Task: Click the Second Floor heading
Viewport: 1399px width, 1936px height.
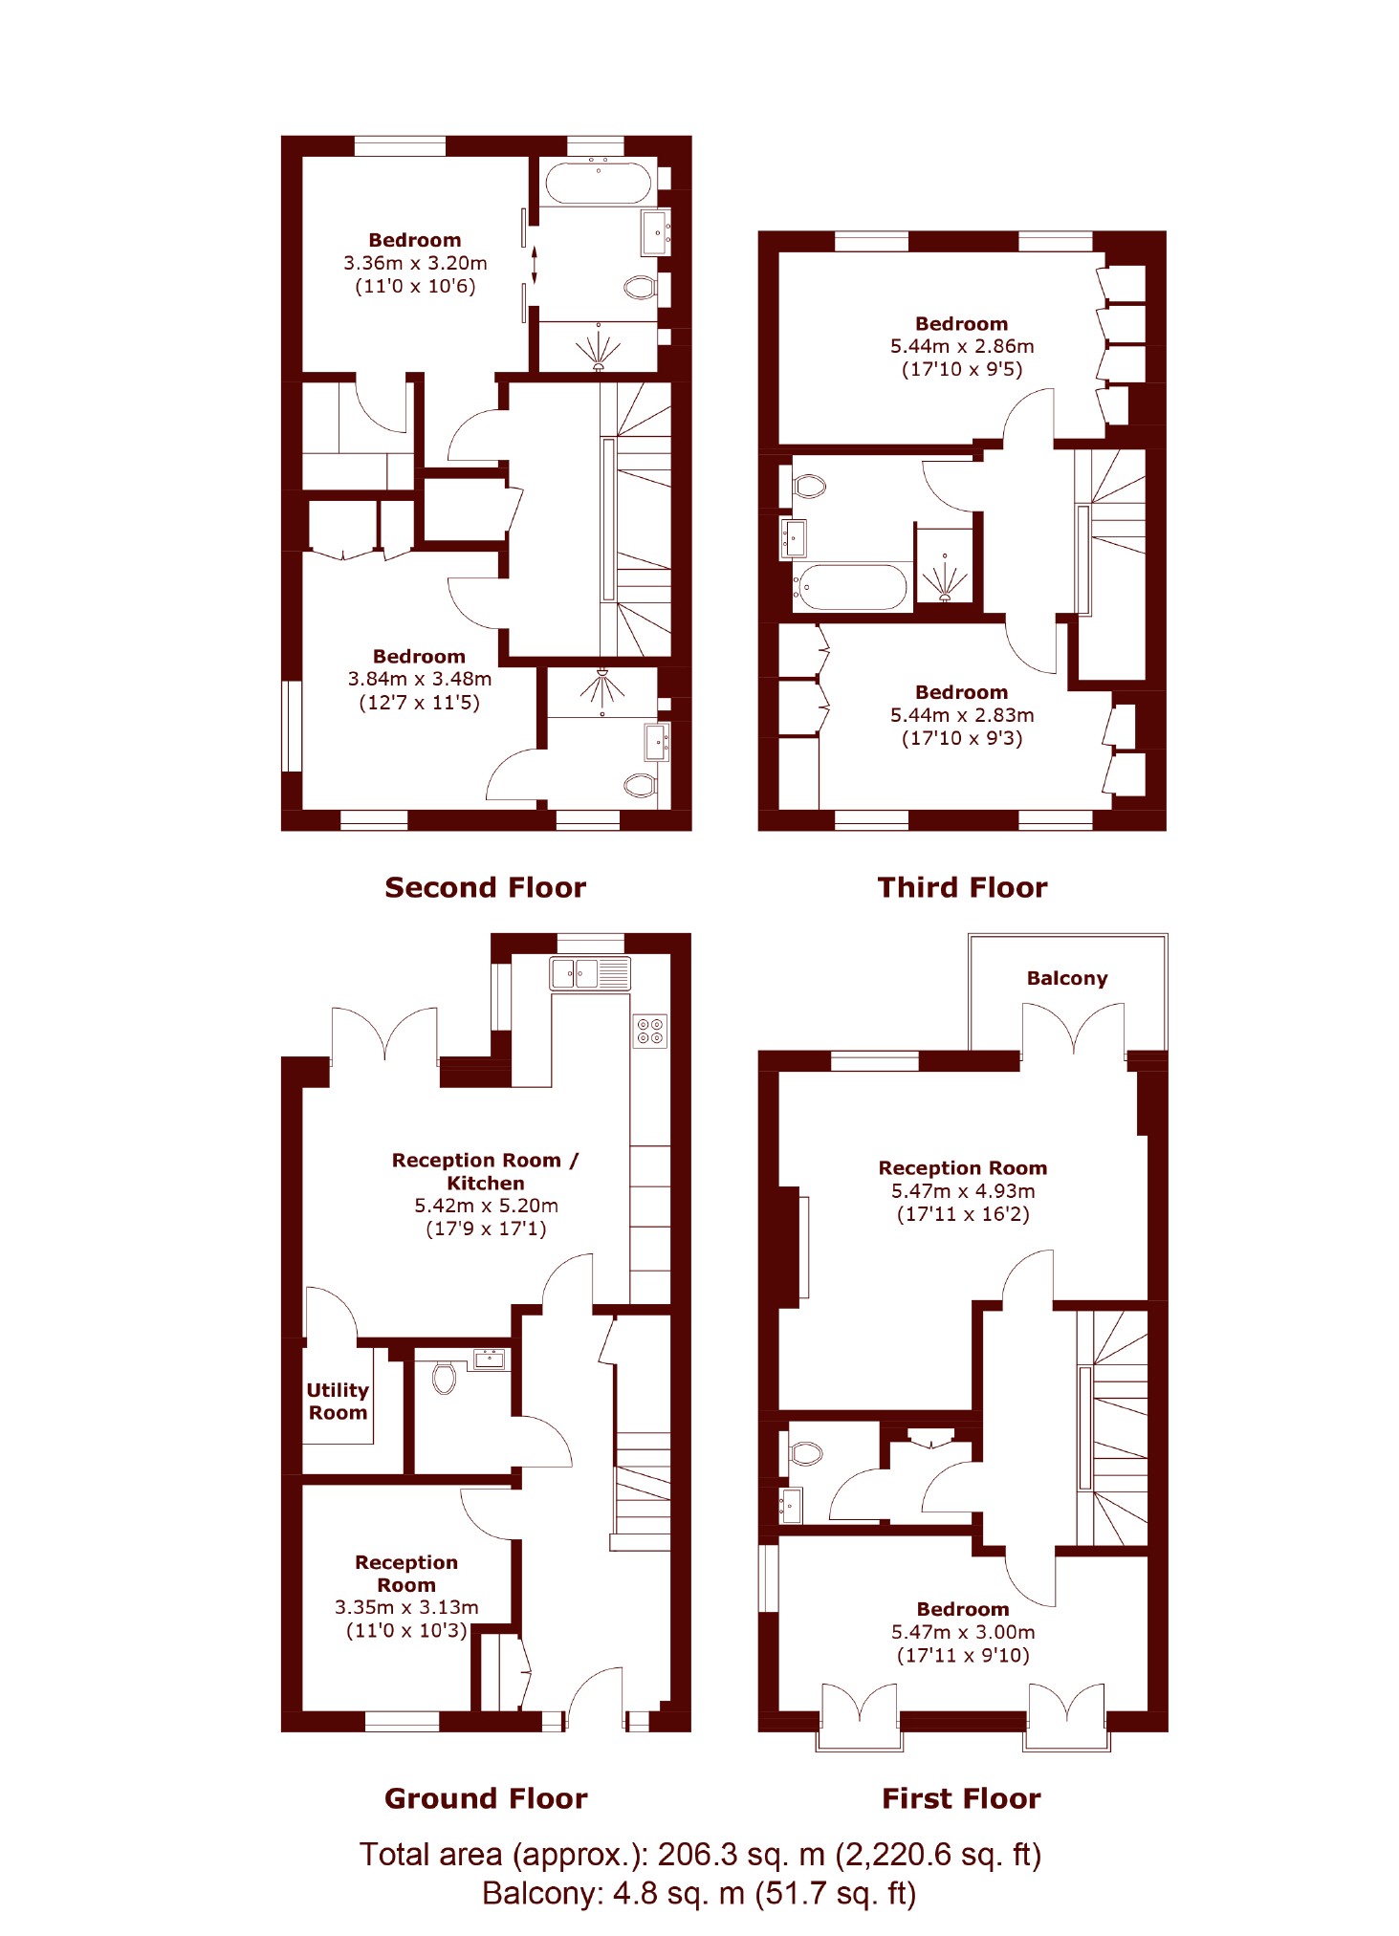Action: point(485,887)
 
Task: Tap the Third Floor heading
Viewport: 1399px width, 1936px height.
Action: point(962,887)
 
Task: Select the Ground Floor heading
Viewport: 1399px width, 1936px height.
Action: point(486,1798)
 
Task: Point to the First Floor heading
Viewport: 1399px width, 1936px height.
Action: point(961,1798)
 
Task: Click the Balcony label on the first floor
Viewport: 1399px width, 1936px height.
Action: point(1067,978)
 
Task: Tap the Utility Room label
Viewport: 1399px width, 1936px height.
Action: point(338,1402)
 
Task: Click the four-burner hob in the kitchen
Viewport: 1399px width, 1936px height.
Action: point(650,1031)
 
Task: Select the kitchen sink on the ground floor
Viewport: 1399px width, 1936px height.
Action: point(590,973)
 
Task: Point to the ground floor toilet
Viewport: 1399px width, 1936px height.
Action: point(444,1377)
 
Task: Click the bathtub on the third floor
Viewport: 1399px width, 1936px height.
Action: point(851,587)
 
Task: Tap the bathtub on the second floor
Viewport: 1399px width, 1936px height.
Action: point(599,181)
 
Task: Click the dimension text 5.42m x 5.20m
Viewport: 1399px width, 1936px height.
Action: point(486,1206)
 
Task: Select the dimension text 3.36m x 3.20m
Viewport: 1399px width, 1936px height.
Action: point(415,263)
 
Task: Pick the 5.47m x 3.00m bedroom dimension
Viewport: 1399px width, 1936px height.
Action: point(963,1632)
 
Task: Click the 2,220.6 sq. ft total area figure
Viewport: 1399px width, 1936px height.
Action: point(937,1855)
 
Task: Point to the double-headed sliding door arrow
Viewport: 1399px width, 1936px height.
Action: point(535,265)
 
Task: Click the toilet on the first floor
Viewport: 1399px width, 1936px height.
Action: point(806,1453)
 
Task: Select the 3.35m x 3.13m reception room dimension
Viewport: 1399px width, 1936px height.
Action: point(406,1607)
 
